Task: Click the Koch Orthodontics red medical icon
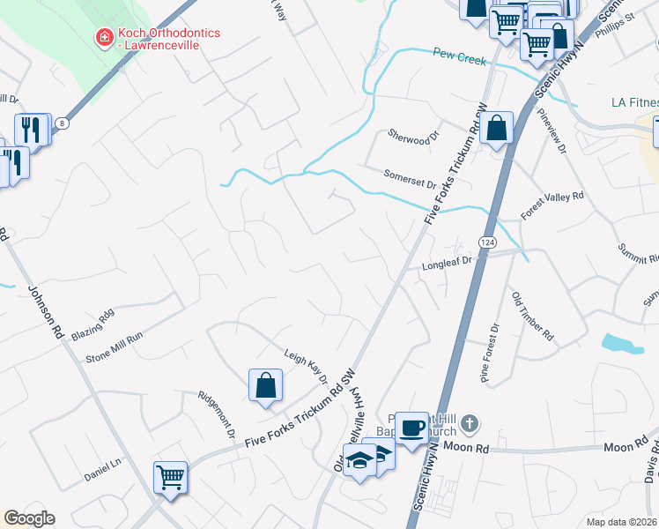[x=104, y=37]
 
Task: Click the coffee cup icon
[x=411, y=428]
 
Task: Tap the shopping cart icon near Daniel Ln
[x=171, y=478]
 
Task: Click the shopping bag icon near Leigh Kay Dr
[x=265, y=385]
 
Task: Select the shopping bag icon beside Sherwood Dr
[x=497, y=129]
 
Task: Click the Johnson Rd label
[x=47, y=314]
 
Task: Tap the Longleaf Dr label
[x=448, y=262]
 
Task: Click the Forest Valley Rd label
[x=552, y=205]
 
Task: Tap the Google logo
[x=29, y=518]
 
